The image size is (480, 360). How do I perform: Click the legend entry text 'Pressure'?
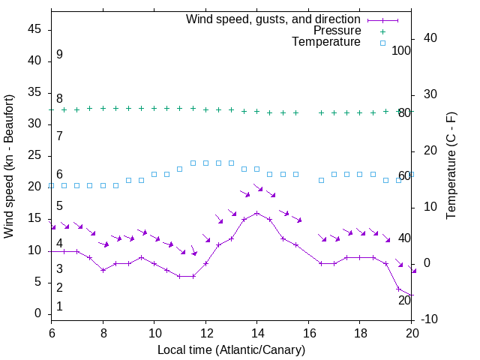pyautogui.click(x=337, y=31)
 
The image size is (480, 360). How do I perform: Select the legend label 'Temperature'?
pyautogui.click(x=326, y=42)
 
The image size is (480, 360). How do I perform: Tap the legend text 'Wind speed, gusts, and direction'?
pyautogui.click(x=274, y=19)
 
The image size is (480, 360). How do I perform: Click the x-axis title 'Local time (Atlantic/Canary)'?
pyautogui.click(x=231, y=349)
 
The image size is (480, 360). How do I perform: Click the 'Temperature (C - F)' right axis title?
pyautogui.click(x=451, y=166)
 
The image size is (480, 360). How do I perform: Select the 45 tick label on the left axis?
pyautogui.click(x=34, y=29)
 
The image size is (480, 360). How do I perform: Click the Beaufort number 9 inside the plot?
pyautogui.click(x=59, y=55)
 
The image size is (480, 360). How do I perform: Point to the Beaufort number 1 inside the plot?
pyautogui.click(x=59, y=306)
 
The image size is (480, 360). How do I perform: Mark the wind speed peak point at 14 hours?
pyautogui.click(x=257, y=213)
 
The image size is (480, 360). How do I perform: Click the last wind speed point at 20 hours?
pyautogui.click(x=411, y=295)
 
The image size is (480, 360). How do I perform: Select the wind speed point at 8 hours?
pyautogui.click(x=103, y=270)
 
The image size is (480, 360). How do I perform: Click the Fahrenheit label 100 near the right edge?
pyautogui.click(x=402, y=50)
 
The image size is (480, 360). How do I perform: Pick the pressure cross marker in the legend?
pyautogui.click(x=382, y=31)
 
